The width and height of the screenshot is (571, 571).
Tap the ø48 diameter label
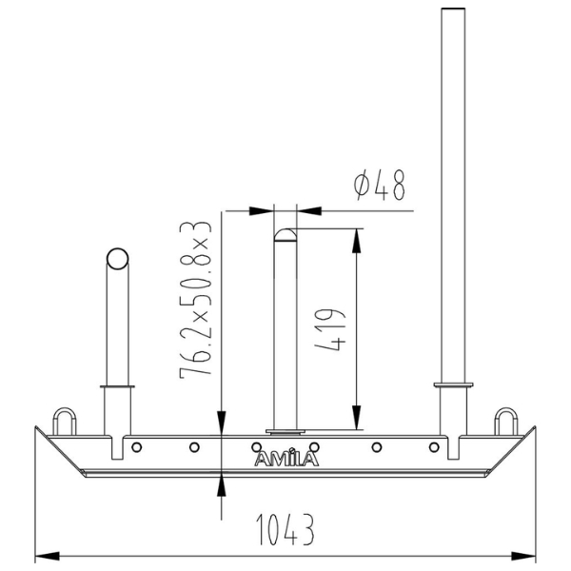click(x=380, y=187)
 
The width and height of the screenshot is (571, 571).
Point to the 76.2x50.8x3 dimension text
click(x=195, y=297)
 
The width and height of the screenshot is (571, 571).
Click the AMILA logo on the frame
click(x=286, y=459)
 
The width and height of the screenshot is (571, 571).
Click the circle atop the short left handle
click(x=117, y=259)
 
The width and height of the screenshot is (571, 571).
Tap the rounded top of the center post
click(x=285, y=233)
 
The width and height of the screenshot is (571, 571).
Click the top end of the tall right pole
click(x=454, y=11)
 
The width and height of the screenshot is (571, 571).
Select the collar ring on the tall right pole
click(x=454, y=384)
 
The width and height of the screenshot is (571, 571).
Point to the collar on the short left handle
click(x=117, y=387)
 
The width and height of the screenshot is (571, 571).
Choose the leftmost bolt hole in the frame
click(x=137, y=446)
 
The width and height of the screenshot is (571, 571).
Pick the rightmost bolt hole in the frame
click(x=437, y=446)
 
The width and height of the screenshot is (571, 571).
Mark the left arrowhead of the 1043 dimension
click(x=43, y=553)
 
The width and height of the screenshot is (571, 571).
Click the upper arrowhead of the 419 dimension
click(x=356, y=237)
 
